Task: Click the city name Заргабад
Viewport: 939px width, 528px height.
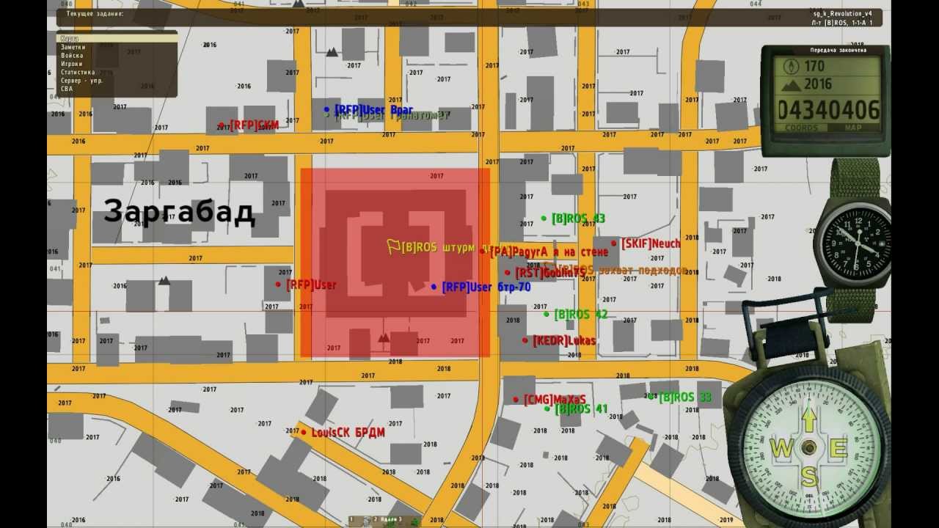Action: pyautogui.click(x=179, y=212)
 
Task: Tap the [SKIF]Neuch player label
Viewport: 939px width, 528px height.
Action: pyautogui.click(x=651, y=243)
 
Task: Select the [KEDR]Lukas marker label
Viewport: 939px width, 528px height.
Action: pyautogui.click(x=563, y=341)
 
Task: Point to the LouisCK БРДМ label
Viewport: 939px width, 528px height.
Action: pyautogui.click(x=348, y=433)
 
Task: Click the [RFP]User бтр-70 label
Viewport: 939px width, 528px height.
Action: pyautogui.click(x=486, y=287)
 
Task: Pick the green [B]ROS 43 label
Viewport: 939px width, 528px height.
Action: pyautogui.click(x=578, y=219)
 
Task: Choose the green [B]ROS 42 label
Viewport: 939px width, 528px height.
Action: pyautogui.click(x=580, y=315)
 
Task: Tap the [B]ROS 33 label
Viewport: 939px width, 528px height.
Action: pyautogui.click(x=684, y=397)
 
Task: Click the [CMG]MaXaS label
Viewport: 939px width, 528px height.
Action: pyautogui.click(x=554, y=400)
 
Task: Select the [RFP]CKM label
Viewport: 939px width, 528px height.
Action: pyautogui.click(x=254, y=125)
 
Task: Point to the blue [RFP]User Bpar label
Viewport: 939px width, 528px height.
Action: pyautogui.click(x=373, y=110)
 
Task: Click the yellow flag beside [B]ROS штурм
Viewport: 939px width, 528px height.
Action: pyautogui.click(x=393, y=246)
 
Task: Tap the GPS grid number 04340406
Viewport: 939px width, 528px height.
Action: pyautogui.click(x=828, y=110)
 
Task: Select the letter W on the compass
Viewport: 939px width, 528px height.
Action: pyautogui.click(x=781, y=448)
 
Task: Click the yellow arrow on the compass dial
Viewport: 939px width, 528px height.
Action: pyautogui.click(x=808, y=419)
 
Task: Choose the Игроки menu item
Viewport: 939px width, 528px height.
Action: pyautogui.click(x=71, y=64)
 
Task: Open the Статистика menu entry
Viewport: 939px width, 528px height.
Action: pyautogui.click(x=78, y=72)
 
